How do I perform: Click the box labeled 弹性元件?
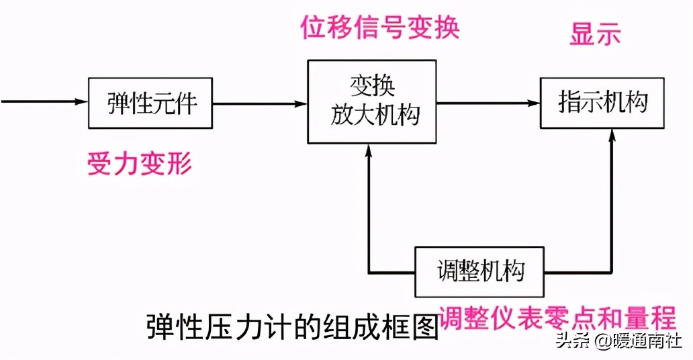150,103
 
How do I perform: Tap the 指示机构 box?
602,103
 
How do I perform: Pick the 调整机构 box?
479,272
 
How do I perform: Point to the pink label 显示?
595,36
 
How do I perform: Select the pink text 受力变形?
140,163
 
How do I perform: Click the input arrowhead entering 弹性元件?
82,102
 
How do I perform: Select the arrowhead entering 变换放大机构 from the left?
302,103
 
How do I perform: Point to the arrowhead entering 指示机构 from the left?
535,103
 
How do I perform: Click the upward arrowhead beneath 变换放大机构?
368,149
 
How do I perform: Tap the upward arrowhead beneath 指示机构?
612,135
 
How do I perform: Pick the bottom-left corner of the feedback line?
368,273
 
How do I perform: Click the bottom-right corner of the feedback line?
612,273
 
